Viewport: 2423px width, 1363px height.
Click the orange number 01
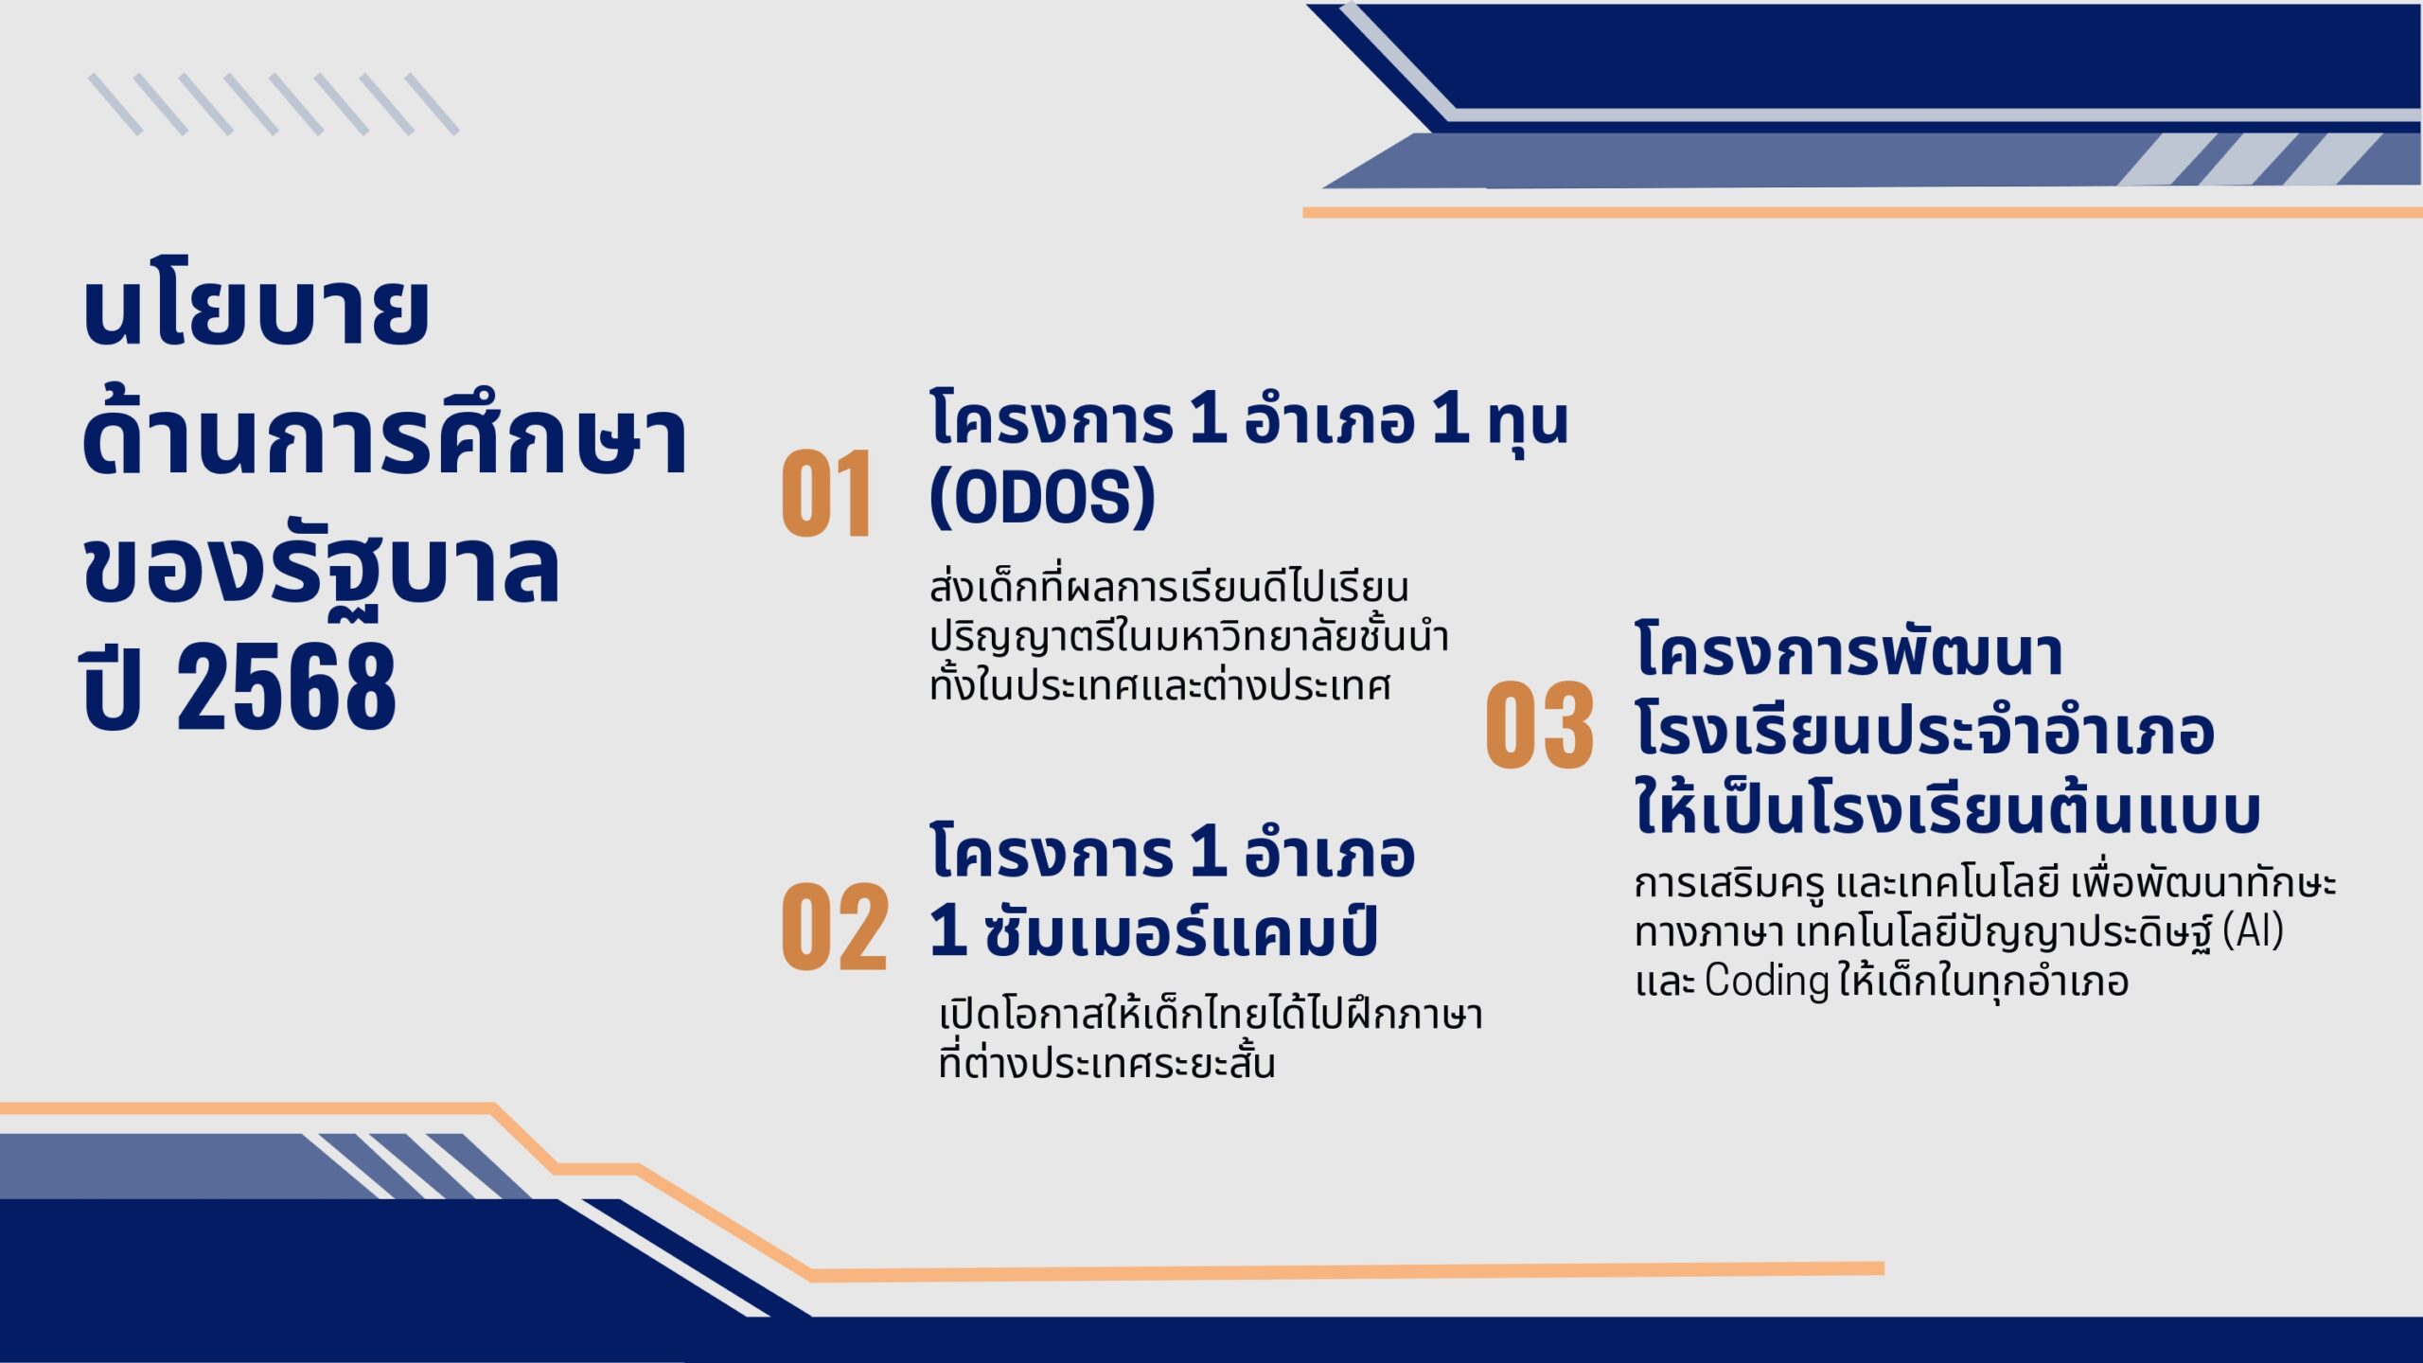click(825, 493)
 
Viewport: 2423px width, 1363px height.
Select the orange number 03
click(1540, 725)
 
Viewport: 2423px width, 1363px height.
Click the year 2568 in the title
click(286, 686)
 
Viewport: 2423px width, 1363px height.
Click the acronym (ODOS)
click(1042, 496)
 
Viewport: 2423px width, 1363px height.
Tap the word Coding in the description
click(1766, 982)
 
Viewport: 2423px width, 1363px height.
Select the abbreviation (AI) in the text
click(2253, 930)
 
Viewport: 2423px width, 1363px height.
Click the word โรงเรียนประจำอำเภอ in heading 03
click(1924, 730)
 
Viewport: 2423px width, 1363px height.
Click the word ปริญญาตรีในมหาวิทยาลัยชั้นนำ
click(1189, 636)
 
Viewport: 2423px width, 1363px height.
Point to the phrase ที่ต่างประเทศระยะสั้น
click(1106, 1062)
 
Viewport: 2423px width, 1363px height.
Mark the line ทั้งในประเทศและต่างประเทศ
click(1159, 683)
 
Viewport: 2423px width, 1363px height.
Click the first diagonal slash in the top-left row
click(115, 104)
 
